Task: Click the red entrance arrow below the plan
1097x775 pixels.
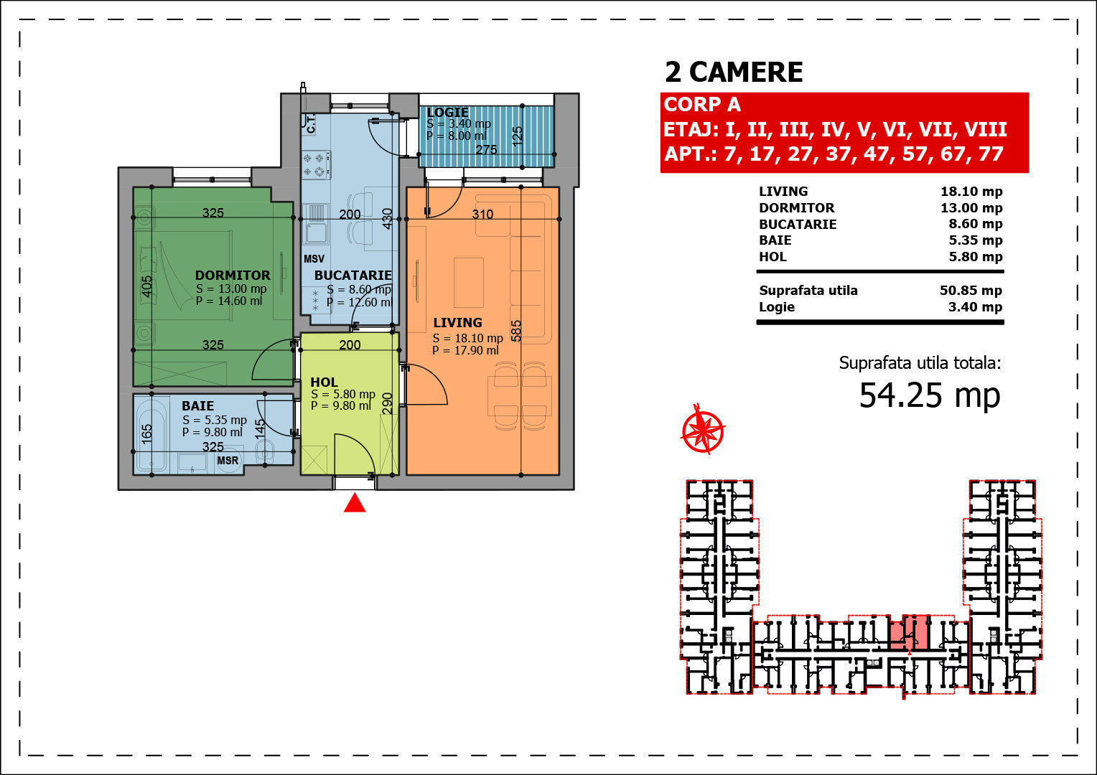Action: tap(355, 503)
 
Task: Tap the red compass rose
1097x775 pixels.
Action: tap(703, 429)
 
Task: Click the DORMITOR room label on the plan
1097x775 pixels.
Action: tap(233, 275)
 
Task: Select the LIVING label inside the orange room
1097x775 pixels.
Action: tap(457, 323)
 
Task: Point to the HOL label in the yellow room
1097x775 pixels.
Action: tap(324, 382)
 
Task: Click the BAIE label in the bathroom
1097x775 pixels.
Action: tap(198, 406)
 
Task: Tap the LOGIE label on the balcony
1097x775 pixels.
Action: tap(447, 112)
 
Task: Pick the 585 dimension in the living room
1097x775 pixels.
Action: tap(516, 331)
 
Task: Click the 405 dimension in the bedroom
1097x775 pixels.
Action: tap(146, 286)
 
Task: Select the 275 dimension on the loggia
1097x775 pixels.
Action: tap(486, 150)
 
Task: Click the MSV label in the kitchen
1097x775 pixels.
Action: tap(314, 259)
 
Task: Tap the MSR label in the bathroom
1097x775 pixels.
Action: tap(228, 461)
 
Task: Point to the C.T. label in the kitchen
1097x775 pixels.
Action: tap(311, 124)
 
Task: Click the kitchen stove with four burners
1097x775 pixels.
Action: tap(316, 165)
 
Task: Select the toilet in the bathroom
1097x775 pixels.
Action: tap(265, 451)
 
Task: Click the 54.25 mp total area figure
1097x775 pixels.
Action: tap(930, 395)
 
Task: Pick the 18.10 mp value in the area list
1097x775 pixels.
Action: tap(971, 192)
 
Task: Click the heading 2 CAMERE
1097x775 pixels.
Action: tap(734, 72)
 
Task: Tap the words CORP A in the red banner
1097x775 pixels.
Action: tap(702, 104)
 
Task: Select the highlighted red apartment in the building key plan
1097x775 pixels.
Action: tap(909, 632)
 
